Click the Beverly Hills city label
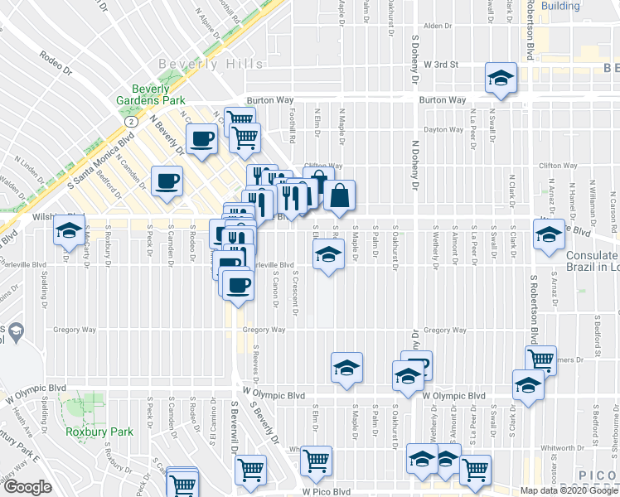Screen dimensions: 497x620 coord(212,64)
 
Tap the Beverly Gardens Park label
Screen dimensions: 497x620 coord(150,95)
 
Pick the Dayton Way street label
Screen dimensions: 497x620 coord(443,129)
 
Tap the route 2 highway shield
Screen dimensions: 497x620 coord(131,121)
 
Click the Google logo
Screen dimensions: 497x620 coord(27,487)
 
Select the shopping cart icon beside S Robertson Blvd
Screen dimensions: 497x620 coord(540,359)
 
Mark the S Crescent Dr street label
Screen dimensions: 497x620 coord(295,293)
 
